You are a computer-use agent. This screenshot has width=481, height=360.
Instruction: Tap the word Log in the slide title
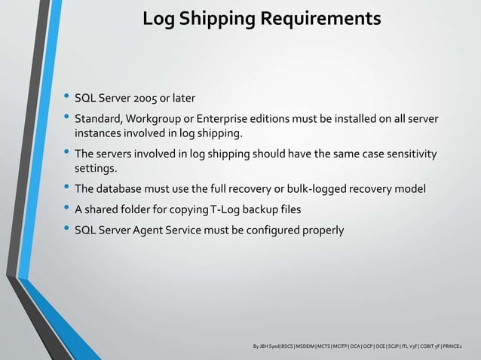(x=158, y=17)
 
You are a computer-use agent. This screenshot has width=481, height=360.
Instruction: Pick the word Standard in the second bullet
(x=98, y=121)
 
